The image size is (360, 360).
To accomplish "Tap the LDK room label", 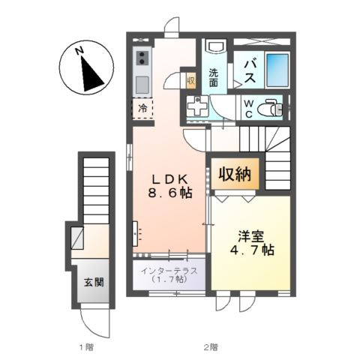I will [170, 178].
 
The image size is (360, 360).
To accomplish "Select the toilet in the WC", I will [269, 109].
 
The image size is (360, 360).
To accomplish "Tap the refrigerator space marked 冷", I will [142, 109].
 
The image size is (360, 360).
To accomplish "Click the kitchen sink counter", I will [142, 70].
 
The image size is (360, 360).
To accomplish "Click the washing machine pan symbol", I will [197, 109].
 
